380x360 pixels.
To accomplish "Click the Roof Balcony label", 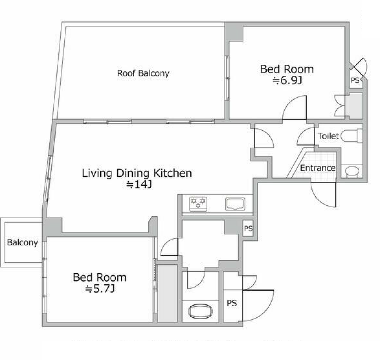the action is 143,73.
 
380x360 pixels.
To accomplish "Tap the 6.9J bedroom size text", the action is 287,81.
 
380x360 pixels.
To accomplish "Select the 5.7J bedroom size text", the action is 100,289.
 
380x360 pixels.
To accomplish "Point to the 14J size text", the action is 139,184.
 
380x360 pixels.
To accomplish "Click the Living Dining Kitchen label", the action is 137,173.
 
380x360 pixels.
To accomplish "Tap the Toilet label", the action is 328,136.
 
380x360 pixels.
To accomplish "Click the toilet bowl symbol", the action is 351,136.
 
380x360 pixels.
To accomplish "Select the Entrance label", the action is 318,168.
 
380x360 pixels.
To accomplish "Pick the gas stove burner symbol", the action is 198,204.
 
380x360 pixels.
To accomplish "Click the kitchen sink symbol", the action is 235,204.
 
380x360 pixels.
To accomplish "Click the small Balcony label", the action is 23,243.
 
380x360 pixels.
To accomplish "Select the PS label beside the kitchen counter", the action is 248,228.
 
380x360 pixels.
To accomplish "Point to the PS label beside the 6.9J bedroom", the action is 355,80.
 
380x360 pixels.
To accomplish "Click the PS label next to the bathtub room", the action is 232,303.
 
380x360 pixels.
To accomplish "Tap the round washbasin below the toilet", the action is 352,171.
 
